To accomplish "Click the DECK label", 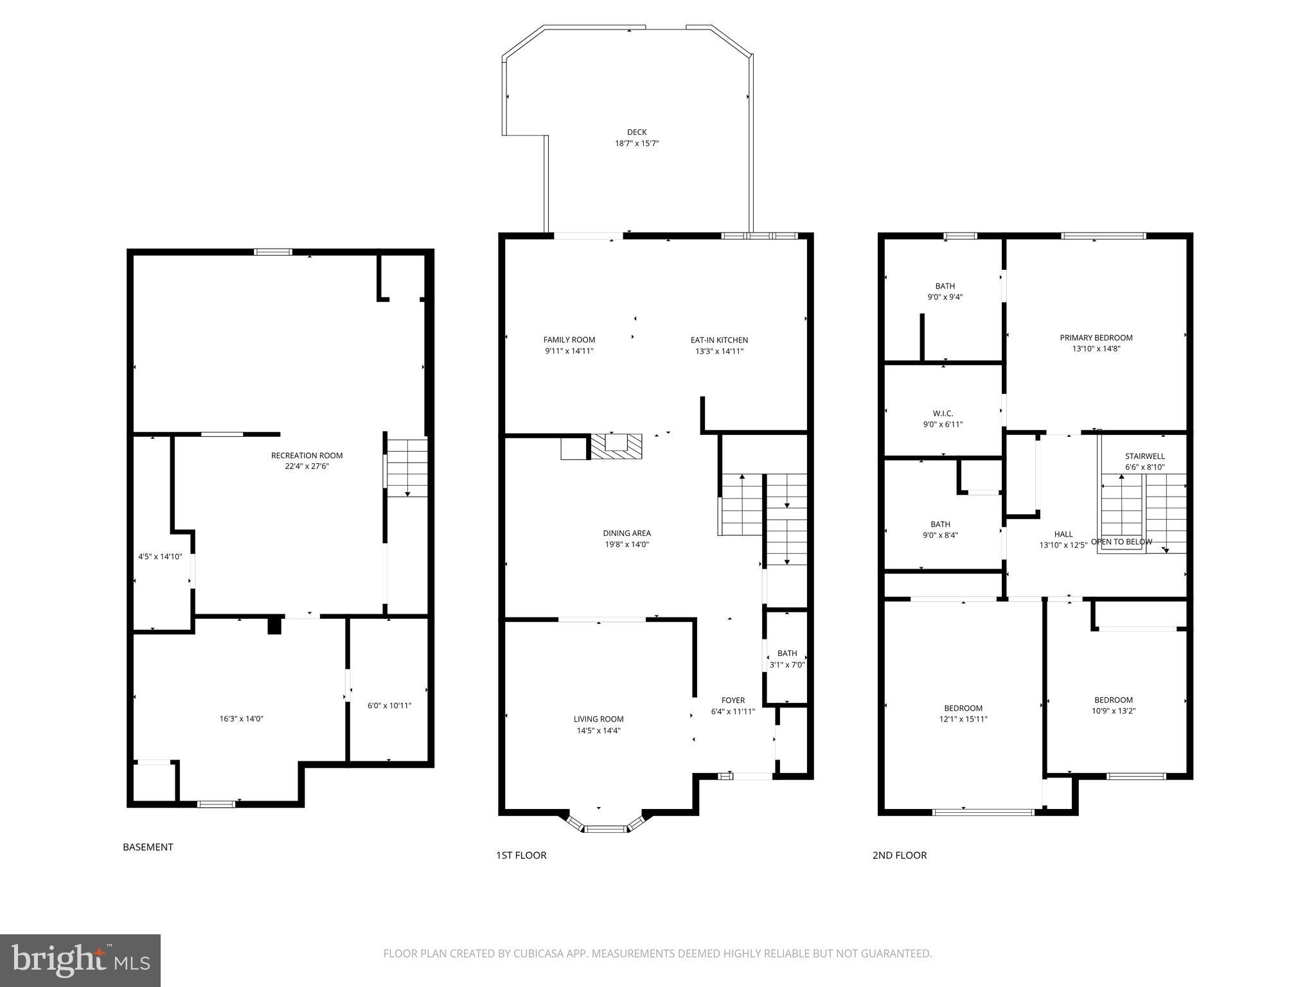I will click(637, 132).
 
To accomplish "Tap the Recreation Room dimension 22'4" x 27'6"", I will click(307, 467).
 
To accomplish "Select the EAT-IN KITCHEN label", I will click(719, 340).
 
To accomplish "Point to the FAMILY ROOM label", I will click(569, 340).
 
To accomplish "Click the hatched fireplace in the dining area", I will click(616, 446).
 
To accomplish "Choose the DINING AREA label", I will click(627, 533).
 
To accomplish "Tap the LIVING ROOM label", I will click(598, 719).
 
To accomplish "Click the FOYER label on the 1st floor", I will click(733, 700).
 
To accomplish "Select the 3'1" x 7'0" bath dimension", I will click(787, 665).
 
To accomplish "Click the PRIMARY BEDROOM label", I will click(1096, 337).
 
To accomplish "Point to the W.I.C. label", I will click(943, 413).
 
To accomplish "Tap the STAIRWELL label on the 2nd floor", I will click(1144, 456).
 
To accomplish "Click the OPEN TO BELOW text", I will click(1121, 542).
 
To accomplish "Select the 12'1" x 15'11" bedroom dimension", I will click(963, 719).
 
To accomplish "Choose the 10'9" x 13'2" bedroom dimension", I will click(1113, 711).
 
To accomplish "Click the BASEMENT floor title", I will click(148, 847).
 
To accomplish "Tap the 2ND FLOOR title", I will click(899, 855).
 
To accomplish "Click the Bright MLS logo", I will click(80, 961).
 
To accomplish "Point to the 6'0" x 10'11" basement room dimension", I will click(389, 706).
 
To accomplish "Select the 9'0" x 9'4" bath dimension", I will click(945, 297).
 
